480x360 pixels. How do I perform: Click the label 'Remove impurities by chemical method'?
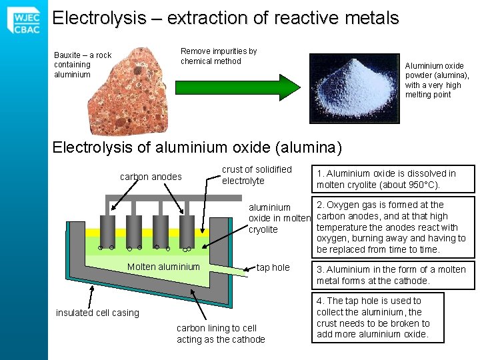pyautogui.click(x=219, y=56)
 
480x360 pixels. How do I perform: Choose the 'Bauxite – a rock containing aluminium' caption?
pyautogui.click(x=82, y=65)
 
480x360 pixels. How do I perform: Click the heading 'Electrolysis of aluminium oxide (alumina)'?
pyautogui.click(x=197, y=147)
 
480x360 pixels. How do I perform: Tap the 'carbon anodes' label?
pyautogui.click(x=151, y=177)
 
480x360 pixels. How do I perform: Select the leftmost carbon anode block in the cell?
pyautogui.click(x=107, y=230)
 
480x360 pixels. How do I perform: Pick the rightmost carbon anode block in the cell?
pyautogui.click(x=187, y=230)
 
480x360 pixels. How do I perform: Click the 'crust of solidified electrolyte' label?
pyautogui.click(x=257, y=175)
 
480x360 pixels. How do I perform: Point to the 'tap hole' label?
pyautogui.click(x=273, y=267)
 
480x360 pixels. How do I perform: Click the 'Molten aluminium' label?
pyautogui.click(x=163, y=267)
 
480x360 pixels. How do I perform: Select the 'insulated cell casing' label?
pyautogui.click(x=97, y=313)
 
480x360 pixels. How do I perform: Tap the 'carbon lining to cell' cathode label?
pyautogui.click(x=221, y=333)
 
